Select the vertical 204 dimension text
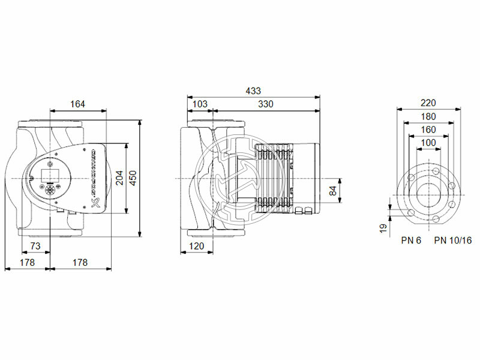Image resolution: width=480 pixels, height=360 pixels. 119,178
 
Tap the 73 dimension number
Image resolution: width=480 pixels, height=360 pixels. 35,247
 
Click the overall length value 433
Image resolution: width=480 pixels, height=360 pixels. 253,91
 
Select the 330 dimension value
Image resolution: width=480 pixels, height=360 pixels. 265,104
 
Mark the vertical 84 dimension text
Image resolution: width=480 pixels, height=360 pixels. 334,191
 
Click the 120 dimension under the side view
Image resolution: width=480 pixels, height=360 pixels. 196,247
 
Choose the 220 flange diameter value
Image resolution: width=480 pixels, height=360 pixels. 428,103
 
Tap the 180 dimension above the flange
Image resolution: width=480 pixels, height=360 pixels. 428,116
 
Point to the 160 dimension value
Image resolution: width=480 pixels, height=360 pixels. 428,129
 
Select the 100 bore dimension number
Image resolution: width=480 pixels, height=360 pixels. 428,142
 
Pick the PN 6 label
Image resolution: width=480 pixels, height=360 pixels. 412,241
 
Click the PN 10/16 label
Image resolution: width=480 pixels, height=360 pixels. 453,241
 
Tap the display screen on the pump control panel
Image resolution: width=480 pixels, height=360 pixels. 48,176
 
